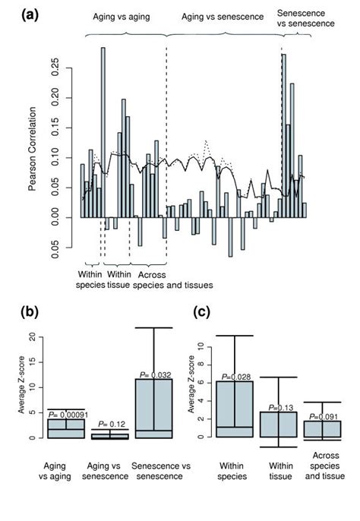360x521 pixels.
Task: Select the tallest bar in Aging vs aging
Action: (103, 132)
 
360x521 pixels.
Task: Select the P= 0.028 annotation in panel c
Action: (235, 376)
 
